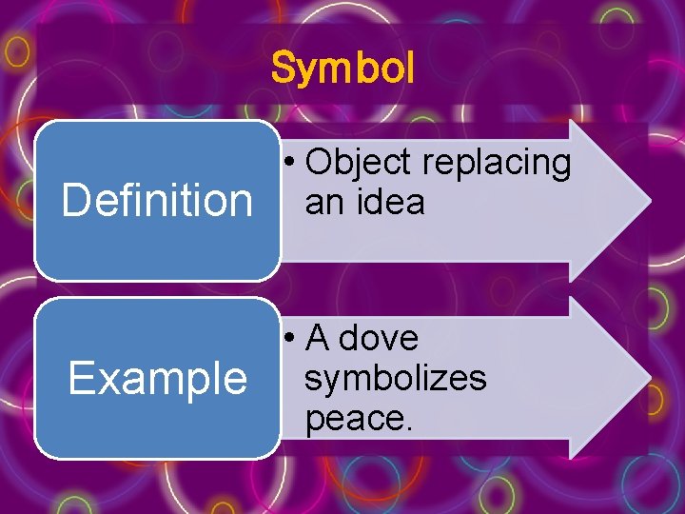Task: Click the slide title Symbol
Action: (x=342, y=69)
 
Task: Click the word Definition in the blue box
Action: (x=157, y=201)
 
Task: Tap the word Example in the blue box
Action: (x=157, y=379)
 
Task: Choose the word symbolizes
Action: (x=395, y=378)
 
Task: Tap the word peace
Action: (x=357, y=417)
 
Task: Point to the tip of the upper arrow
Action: (x=650, y=201)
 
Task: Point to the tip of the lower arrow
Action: (x=650, y=378)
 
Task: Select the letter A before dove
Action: (x=318, y=338)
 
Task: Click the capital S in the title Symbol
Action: (x=283, y=69)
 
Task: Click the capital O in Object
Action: (x=320, y=164)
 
